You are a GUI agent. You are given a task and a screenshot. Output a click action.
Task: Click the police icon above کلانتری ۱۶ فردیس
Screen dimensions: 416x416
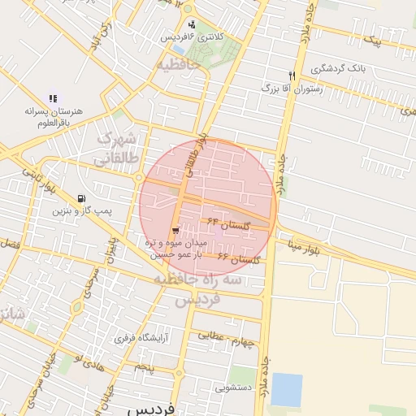tap(192, 24)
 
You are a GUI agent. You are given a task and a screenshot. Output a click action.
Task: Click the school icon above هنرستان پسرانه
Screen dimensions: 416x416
tap(53, 98)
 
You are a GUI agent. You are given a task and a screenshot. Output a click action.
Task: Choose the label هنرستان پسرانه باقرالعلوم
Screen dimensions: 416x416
tap(53, 116)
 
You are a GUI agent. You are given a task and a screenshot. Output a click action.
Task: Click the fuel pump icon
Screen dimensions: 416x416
tap(80, 198)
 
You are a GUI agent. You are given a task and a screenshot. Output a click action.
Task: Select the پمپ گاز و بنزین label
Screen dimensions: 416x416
tap(80, 211)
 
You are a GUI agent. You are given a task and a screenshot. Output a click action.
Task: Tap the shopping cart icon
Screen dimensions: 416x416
tap(176, 230)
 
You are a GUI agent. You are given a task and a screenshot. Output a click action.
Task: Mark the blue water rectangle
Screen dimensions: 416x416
tap(286, 389)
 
